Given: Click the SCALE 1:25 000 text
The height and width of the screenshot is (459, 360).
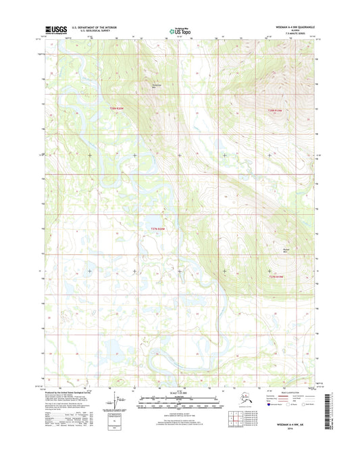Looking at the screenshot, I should pyautogui.click(x=179, y=393).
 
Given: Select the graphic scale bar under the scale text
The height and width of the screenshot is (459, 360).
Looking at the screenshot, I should pyautogui.click(x=179, y=400).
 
